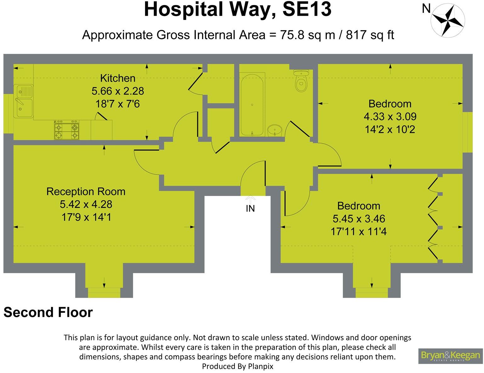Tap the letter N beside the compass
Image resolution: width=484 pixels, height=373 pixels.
pos(426,9)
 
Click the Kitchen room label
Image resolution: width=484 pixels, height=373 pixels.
pos(118,78)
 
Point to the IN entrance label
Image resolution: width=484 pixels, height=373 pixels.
pos(250,209)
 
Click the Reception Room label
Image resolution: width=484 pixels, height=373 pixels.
pos(86,192)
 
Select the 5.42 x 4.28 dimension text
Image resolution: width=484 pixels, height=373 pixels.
pos(86,204)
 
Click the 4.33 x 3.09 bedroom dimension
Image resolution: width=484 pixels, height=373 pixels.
pos(390,117)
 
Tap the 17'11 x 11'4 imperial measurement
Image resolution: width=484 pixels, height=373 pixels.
pos(358,232)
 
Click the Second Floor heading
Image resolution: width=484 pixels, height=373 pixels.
pos(48,312)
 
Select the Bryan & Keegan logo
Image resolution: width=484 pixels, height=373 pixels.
pos(450,356)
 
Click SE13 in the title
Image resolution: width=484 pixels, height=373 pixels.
pos(307,9)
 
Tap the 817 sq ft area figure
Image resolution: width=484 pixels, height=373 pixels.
pos(370,35)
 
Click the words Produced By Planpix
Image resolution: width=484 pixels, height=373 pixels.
pos(238,366)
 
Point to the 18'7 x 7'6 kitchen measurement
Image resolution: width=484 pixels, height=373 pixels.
pos(118,104)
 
